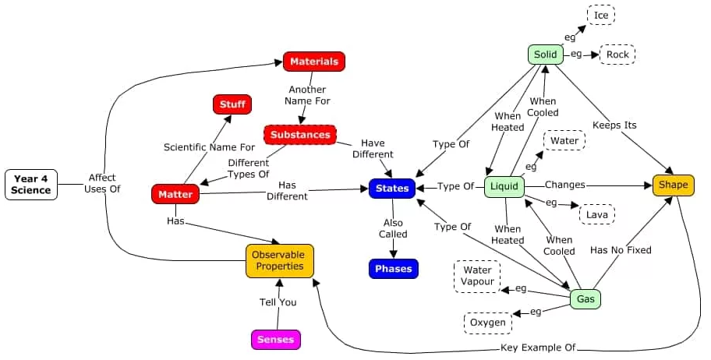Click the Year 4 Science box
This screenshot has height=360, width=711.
(31, 184)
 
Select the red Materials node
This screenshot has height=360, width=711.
(313, 62)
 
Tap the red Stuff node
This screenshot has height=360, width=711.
(232, 104)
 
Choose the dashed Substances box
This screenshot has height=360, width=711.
(300, 135)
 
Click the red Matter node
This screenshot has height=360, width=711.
(175, 194)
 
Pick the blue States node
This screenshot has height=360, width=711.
(391, 188)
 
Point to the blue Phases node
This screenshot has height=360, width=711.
(394, 269)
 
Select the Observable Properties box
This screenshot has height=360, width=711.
(280, 261)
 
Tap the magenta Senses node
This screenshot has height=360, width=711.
(276, 340)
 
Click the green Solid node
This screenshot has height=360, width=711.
(546, 55)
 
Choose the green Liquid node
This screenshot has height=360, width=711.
(504, 187)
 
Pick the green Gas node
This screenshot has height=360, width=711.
(585, 298)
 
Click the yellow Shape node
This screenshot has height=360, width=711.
(673, 185)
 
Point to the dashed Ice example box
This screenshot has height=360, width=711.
(601, 15)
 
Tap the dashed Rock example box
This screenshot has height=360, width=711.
(617, 55)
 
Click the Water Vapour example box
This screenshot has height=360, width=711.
(477, 276)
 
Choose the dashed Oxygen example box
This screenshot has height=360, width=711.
(488, 323)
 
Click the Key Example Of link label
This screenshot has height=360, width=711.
(537, 348)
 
